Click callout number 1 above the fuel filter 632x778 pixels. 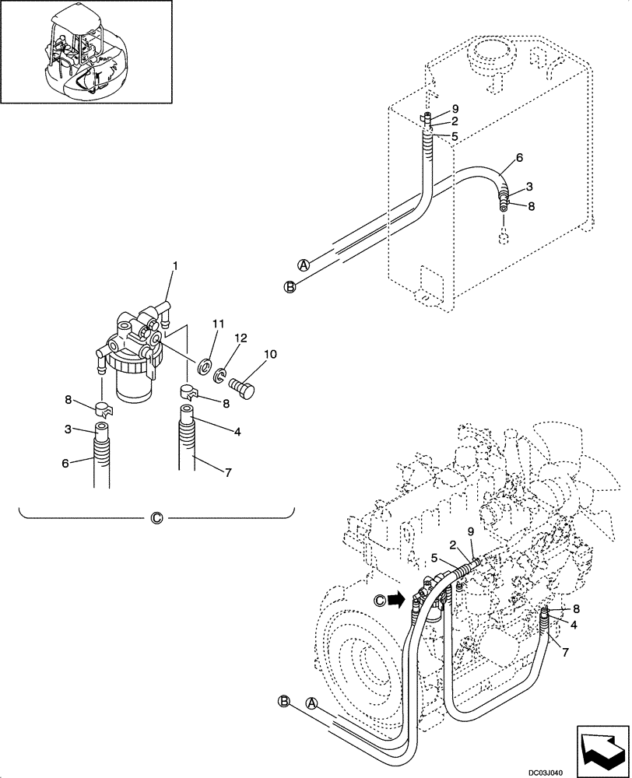(175, 266)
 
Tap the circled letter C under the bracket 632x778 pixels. (156, 517)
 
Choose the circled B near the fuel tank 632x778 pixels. (290, 287)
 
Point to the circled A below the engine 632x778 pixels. (312, 704)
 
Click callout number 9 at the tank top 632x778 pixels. (455, 109)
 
